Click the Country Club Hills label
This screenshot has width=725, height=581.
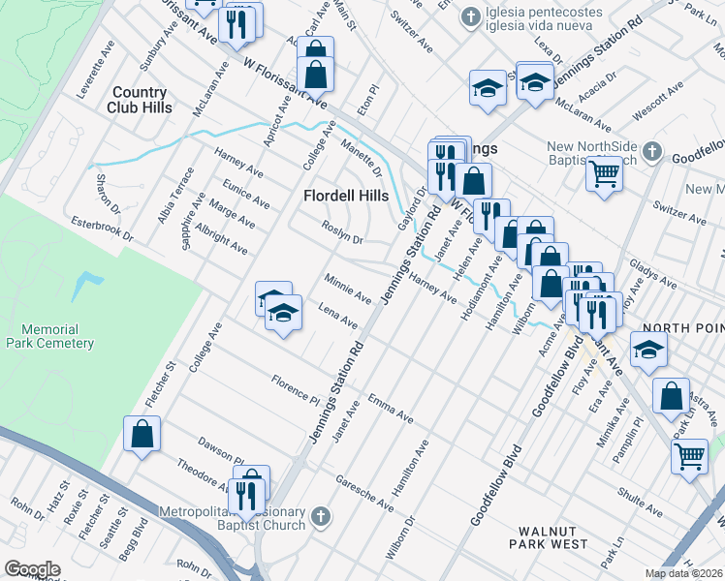(x=141, y=100)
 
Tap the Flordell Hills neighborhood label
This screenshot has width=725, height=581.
(x=345, y=195)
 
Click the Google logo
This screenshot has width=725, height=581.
(x=32, y=569)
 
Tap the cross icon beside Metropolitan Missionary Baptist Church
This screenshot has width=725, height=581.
(x=322, y=518)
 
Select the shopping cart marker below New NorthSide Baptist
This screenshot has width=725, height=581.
(x=603, y=174)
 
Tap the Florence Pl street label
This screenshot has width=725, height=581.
(x=296, y=389)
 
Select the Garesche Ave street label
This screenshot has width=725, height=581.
(x=364, y=493)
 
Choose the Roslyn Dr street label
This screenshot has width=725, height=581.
(x=342, y=232)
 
